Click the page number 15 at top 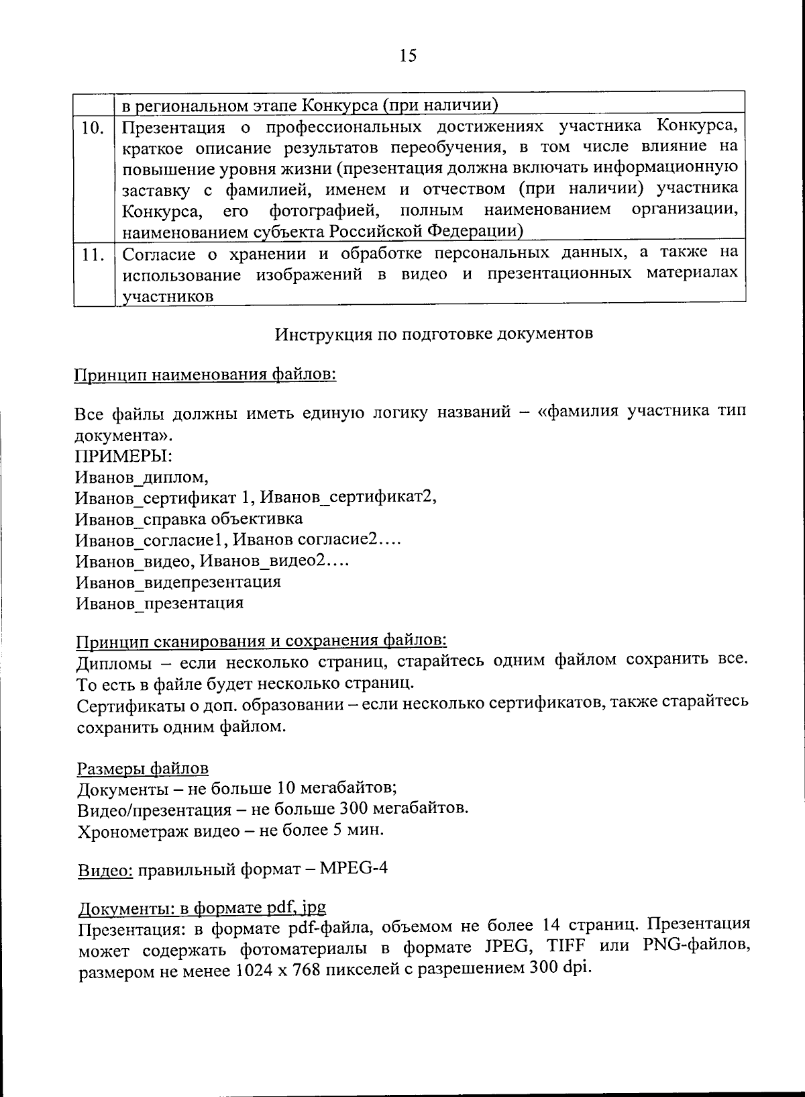(x=408, y=56)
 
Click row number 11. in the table (x=94, y=254)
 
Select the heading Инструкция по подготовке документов (x=434, y=334)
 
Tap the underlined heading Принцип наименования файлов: (x=205, y=374)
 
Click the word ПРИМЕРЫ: (x=123, y=456)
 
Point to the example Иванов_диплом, (x=142, y=477)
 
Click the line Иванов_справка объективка (x=189, y=519)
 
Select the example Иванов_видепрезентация (x=178, y=581)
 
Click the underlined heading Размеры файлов (x=143, y=768)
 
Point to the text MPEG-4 (x=354, y=869)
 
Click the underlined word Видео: (x=106, y=871)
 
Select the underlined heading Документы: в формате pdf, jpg (x=202, y=908)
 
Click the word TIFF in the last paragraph (x=566, y=947)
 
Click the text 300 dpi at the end (x=561, y=969)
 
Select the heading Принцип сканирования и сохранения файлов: (x=261, y=642)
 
